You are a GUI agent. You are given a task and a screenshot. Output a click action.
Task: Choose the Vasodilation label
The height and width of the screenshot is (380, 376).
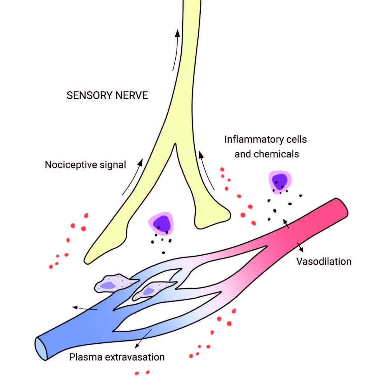[324, 261]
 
